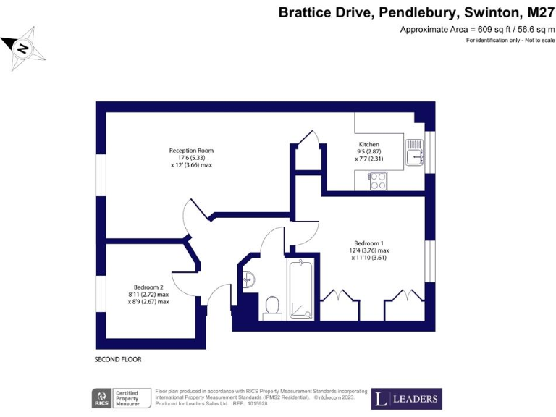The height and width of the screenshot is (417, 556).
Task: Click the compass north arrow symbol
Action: tap(23, 49)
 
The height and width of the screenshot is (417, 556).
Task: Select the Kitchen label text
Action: tap(368, 144)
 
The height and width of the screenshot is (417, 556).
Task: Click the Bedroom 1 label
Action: tap(368, 243)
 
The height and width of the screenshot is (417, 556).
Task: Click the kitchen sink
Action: tap(414, 153)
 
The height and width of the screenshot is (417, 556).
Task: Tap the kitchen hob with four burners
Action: tap(377, 180)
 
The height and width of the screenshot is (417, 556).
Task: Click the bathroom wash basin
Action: tap(248, 278)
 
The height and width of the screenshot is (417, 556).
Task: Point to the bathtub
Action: tap(300, 290)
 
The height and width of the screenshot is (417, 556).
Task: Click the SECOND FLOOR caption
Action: tap(118, 359)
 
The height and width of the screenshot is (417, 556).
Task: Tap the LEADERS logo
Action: tap(406, 399)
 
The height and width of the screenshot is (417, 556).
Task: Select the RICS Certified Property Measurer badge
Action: tap(121, 398)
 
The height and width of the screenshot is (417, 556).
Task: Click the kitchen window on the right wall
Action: tap(431, 152)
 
